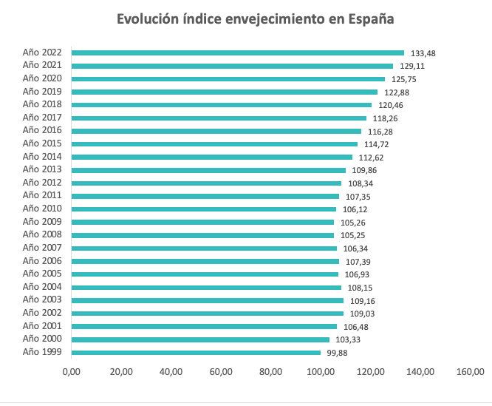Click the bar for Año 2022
pos(238,53)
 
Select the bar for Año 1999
pos(196,353)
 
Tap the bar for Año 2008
pos(202,235)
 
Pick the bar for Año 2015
pos(214,144)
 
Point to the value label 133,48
pos(423,53)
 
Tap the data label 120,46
pos(391,105)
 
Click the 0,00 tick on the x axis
pos(71,372)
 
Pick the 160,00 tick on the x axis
pos(470,372)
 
